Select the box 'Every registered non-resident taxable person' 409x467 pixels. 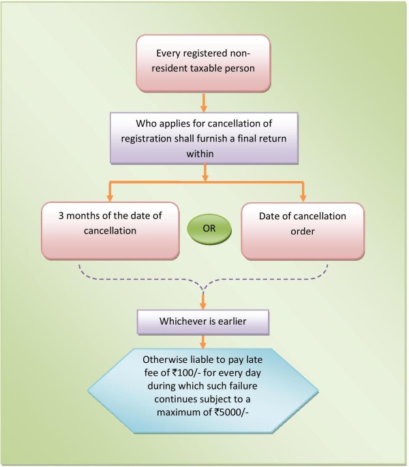pyautogui.click(x=204, y=62)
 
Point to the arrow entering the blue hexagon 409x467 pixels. pyautogui.click(x=204, y=342)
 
